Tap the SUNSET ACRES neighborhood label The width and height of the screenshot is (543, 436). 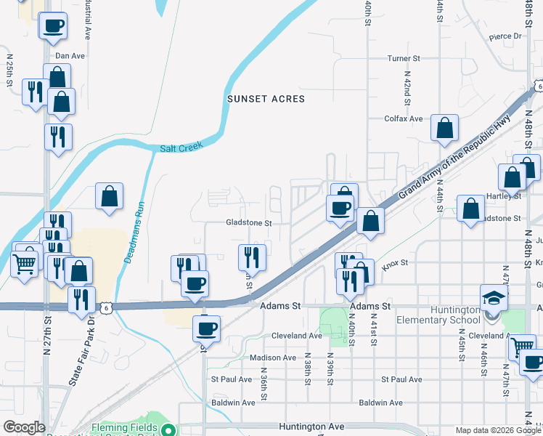(266, 99)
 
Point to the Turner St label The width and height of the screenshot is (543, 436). (404, 58)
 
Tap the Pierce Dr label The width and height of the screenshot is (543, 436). (505, 36)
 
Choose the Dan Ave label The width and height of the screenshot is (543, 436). (70, 55)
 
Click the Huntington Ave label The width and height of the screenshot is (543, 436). (309, 427)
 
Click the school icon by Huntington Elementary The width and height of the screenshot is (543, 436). (494, 298)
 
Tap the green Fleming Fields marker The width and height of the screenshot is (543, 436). (168, 429)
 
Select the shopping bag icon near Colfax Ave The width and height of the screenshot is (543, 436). (444, 128)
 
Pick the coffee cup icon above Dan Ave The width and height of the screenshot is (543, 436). (53, 27)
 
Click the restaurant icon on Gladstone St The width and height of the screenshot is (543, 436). (253, 257)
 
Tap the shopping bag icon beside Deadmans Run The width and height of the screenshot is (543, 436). (109, 195)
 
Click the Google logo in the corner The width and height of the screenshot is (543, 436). (24, 427)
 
